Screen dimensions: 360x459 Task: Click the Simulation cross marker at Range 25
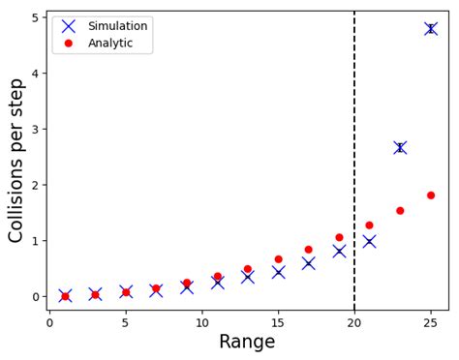430,29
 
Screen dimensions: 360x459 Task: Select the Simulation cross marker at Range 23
400,147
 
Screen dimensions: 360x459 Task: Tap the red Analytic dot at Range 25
430,195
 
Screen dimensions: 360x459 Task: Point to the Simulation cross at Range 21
369,241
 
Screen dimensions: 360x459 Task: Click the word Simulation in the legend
116,26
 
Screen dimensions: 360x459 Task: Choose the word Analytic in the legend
110,43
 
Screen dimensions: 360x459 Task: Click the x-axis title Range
247,342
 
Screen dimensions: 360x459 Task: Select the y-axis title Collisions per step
16,161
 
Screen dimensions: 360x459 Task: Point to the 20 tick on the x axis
354,322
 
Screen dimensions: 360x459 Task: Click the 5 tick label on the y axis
35,18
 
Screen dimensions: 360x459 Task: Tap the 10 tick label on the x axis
201,322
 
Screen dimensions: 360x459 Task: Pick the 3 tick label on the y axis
35,130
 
